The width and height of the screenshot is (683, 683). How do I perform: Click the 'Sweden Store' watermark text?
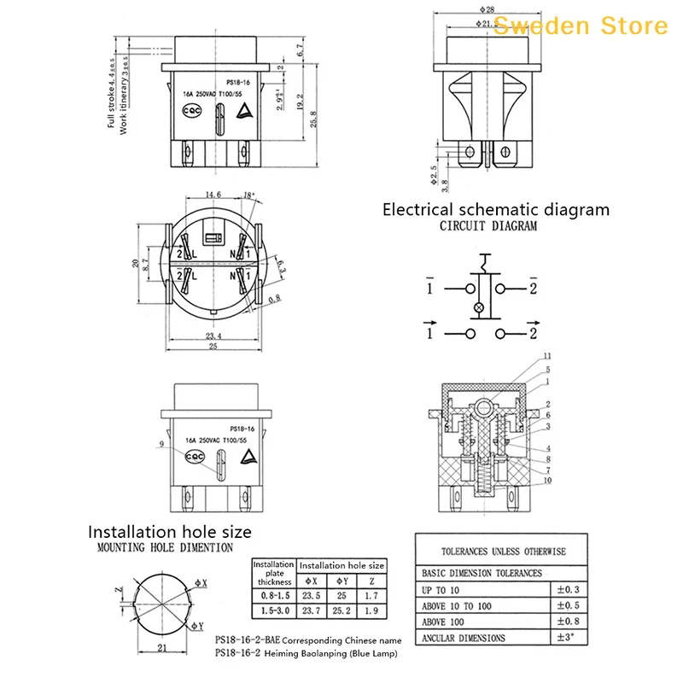tap(580, 25)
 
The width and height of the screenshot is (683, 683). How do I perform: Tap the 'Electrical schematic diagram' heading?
tap(495, 209)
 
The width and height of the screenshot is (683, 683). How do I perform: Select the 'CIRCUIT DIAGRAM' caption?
tap(488, 226)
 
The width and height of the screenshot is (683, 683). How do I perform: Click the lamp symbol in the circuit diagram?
tap(478, 307)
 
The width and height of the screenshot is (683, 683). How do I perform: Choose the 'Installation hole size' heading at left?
tap(170, 532)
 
